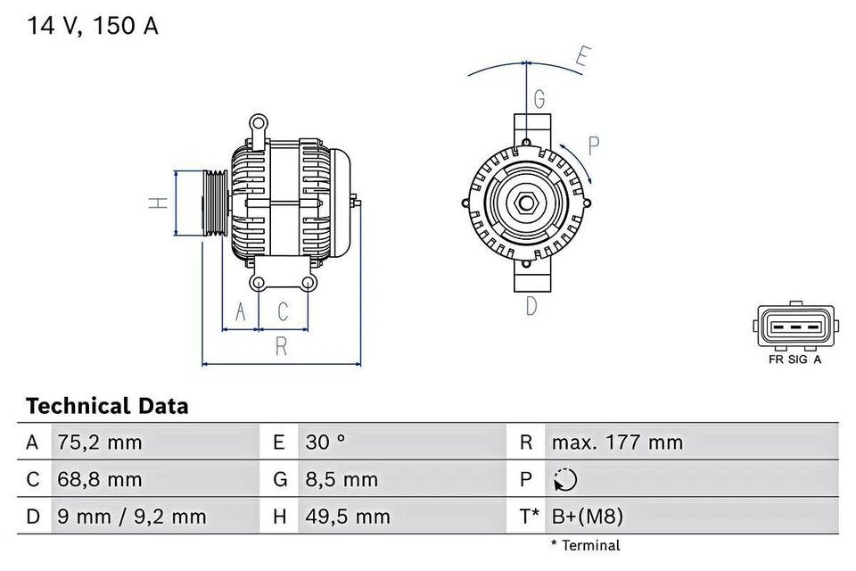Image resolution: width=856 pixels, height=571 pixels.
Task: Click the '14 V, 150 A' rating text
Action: point(92,26)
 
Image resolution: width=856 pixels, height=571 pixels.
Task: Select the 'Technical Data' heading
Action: point(107,407)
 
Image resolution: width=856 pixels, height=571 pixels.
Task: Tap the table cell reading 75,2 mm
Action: point(99,443)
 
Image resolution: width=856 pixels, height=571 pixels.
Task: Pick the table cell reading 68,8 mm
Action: point(99,480)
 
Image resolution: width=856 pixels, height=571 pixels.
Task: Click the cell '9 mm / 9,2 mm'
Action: point(131,517)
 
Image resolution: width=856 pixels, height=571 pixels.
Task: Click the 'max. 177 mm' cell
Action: point(617,443)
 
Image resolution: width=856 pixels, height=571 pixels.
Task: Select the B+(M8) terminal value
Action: point(587,517)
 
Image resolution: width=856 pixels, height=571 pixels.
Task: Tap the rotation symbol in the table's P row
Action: point(564,480)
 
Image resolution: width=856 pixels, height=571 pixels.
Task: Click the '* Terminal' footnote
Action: point(585,545)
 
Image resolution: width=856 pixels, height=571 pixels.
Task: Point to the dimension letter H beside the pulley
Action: point(158,203)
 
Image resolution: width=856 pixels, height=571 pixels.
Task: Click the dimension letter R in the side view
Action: point(281,347)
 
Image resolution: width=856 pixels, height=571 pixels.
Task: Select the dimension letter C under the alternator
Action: point(283,311)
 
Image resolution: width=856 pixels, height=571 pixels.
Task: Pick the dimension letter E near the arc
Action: point(581,58)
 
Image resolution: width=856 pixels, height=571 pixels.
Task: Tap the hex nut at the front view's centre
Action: point(526,203)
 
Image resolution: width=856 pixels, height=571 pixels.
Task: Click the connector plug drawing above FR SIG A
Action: point(795,327)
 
